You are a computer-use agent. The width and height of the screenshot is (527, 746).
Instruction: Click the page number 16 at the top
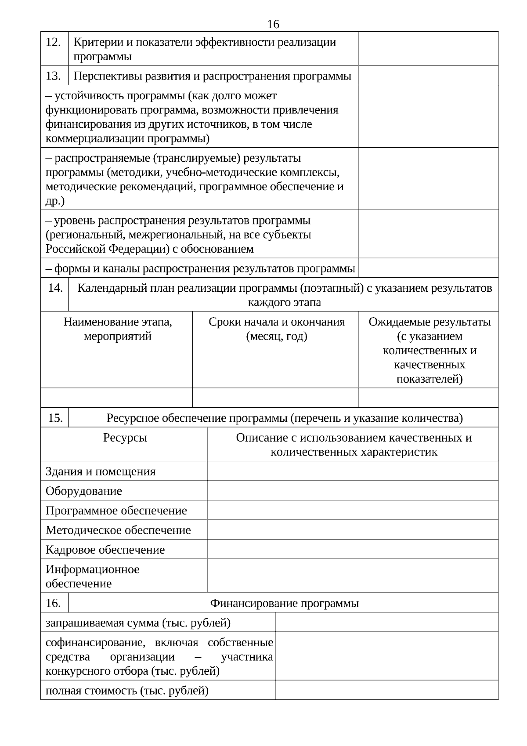(x=273, y=24)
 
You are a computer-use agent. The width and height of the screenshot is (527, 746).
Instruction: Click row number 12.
(x=54, y=43)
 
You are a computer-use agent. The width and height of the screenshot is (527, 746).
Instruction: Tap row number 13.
(x=54, y=76)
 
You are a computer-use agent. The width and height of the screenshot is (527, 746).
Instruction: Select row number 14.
(x=55, y=288)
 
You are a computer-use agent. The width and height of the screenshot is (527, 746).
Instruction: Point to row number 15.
(x=55, y=418)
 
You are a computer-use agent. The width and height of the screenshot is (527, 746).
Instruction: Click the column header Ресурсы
(x=125, y=438)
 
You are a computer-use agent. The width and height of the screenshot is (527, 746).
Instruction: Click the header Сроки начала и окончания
(x=276, y=322)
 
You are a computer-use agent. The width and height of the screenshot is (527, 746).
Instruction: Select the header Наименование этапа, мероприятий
(x=118, y=329)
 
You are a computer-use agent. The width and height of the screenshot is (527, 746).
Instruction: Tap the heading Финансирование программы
(x=284, y=603)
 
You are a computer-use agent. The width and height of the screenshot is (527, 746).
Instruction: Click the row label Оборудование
(x=84, y=491)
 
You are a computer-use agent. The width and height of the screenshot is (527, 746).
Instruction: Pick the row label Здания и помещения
(x=101, y=471)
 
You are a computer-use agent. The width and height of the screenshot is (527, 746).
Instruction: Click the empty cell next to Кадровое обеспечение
(x=352, y=549)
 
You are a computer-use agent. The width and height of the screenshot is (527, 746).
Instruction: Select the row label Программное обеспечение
(x=116, y=511)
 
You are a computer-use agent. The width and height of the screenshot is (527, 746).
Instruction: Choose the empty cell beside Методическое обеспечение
(x=352, y=530)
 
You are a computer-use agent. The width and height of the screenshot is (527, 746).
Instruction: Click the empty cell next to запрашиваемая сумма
(x=386, y=623)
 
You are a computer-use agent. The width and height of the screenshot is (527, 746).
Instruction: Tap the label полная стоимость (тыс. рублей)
(x=127, y=690)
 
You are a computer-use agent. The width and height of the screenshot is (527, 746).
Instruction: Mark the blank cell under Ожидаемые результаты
(x=428, y=398)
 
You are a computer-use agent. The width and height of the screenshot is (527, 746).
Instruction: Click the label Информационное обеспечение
(x=92, y=576)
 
